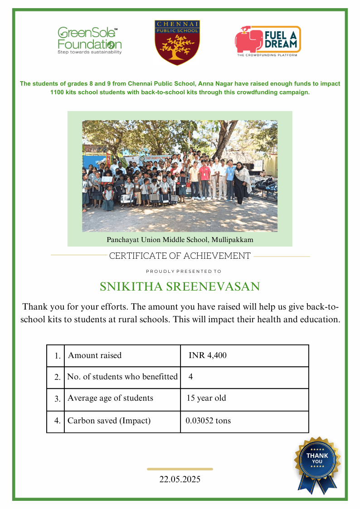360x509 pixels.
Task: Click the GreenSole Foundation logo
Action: click(89, 40)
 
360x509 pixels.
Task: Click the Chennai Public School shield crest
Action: click(177, 43)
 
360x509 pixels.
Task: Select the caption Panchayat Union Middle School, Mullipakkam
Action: click(180, 239)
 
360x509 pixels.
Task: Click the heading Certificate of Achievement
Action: click(180, 256)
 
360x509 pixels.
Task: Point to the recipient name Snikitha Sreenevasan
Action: click(180, 286)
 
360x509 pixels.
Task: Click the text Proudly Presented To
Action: click(184, 271)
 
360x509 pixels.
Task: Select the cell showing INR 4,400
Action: click(208, 355)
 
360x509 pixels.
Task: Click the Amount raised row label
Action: click(95, 355)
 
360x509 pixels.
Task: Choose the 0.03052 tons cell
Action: click(208, 421)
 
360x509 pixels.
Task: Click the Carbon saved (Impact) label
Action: click(109, 421)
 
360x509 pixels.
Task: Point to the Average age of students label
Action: click(110, 398)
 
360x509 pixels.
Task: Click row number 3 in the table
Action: click(57, 399)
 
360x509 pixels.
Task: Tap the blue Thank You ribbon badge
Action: click(317, 462)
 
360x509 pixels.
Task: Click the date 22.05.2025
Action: click(180, 479)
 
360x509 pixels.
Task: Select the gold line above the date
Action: click(180, 469)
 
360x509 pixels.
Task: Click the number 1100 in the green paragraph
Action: click(58, 92)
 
